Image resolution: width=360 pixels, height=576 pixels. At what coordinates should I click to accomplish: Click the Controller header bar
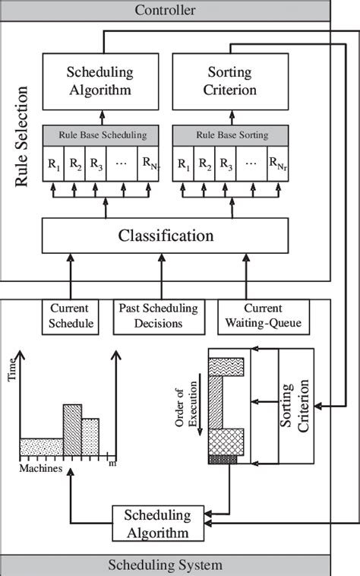click(x=165, y=10)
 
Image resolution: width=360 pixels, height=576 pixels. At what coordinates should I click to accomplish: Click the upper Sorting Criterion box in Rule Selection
click(x=232, y=81)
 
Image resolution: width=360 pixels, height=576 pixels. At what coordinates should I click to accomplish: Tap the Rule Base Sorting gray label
click(x=232, y=135)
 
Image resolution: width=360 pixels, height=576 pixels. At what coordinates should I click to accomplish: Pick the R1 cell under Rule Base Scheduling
click(x=53, y=163)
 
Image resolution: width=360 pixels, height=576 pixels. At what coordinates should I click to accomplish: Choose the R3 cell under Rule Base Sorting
click(x=226, y=163)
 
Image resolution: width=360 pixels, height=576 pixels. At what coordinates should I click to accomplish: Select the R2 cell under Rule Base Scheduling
click(x=74, y=163)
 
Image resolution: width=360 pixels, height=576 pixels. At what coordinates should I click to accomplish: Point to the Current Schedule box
click(x=70, y=316)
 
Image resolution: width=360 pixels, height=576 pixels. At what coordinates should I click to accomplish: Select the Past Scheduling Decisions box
click(x=159, y=316)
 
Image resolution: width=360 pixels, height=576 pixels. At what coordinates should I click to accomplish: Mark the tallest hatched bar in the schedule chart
click(x=71, y=429)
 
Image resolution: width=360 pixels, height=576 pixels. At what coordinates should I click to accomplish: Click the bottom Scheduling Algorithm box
click(x=159, y=523)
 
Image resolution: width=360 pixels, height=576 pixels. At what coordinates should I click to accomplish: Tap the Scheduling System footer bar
click(x=165, y=565)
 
